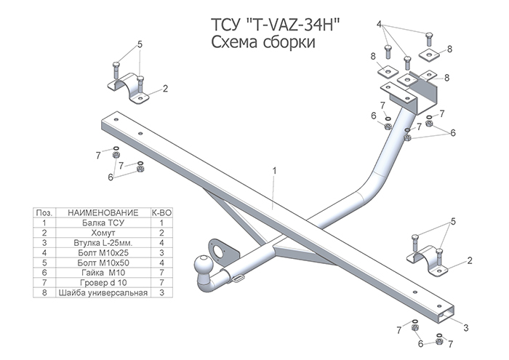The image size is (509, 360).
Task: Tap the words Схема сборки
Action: coord(263,42)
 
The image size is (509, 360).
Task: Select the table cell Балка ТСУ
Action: coord(103,223)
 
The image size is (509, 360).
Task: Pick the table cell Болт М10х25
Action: coord(103,252)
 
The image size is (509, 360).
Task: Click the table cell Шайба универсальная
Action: coord(103,292)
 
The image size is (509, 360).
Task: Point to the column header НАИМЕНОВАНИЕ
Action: coord(103,212)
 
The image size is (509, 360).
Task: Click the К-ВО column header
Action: coord(161,212)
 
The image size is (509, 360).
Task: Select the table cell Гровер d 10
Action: coord(103,282)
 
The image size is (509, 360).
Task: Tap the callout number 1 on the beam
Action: coord(275,170)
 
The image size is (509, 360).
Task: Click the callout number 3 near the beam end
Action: coord(466,327)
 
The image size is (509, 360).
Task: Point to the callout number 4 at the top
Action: coord(379,24)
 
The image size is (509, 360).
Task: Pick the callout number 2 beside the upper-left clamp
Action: coord(165,88)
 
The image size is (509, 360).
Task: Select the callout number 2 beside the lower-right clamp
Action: coord(470,260)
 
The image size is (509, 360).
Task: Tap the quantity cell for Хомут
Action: coord(161,233)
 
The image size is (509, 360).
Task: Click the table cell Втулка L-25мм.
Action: coord(103,242)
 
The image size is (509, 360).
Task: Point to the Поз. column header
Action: coord(44,212)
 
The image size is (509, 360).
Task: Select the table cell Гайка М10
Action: coord(103,272)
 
